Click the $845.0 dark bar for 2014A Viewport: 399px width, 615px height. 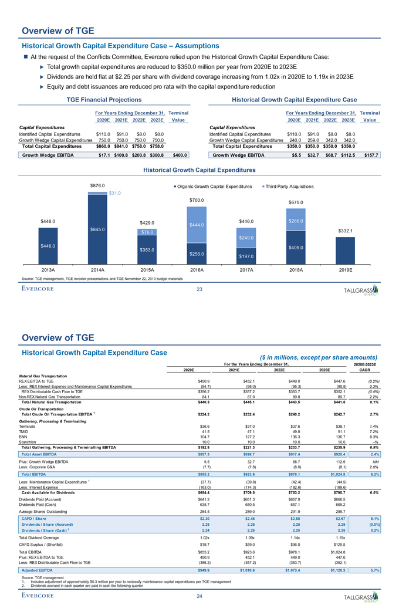pyautogui.click(x=98, y=229)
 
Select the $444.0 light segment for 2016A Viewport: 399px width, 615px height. pyautogui.click(x=197, y=224)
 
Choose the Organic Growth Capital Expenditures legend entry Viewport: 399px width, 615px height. pyautogui.click(x=219, y=186)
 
